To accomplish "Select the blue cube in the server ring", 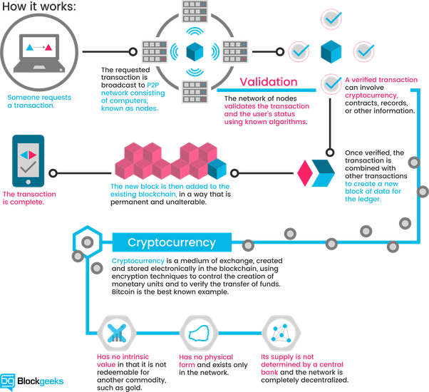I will tap(195, 52).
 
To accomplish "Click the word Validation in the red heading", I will tap(269, 81).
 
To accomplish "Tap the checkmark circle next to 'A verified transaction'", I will tap(331, 84).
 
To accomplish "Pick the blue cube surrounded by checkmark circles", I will tap(331, 51).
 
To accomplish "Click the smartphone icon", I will tap(28, 161).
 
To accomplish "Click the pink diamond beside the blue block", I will tap(305, 172).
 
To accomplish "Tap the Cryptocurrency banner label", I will tap(172, 242).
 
